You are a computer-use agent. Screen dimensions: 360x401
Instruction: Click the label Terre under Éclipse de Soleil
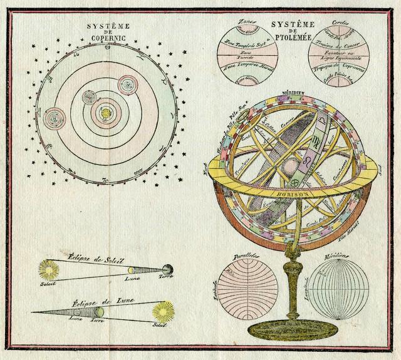pyautogui.click(x=165, y=276)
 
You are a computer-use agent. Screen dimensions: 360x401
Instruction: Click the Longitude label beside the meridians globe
pyautogui.click(x=308, y=292)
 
